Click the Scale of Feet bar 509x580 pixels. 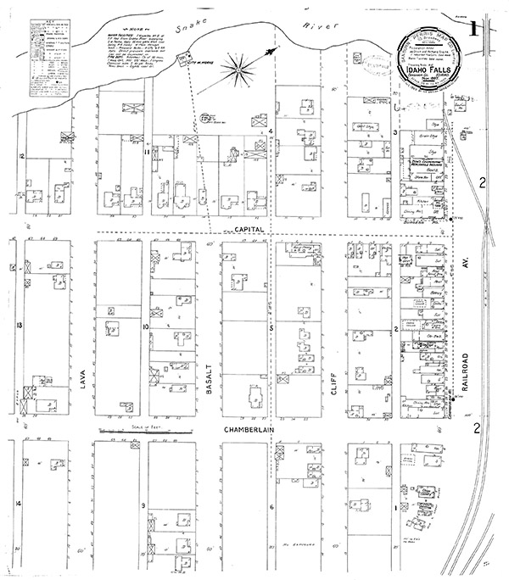point(143,432)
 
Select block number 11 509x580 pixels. point(146,153)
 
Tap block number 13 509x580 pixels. point(19,324)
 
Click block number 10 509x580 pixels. point(146,326)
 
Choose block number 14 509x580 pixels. point(19,504)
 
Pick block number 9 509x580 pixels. point(145,506)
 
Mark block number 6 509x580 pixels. point(271,507)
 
